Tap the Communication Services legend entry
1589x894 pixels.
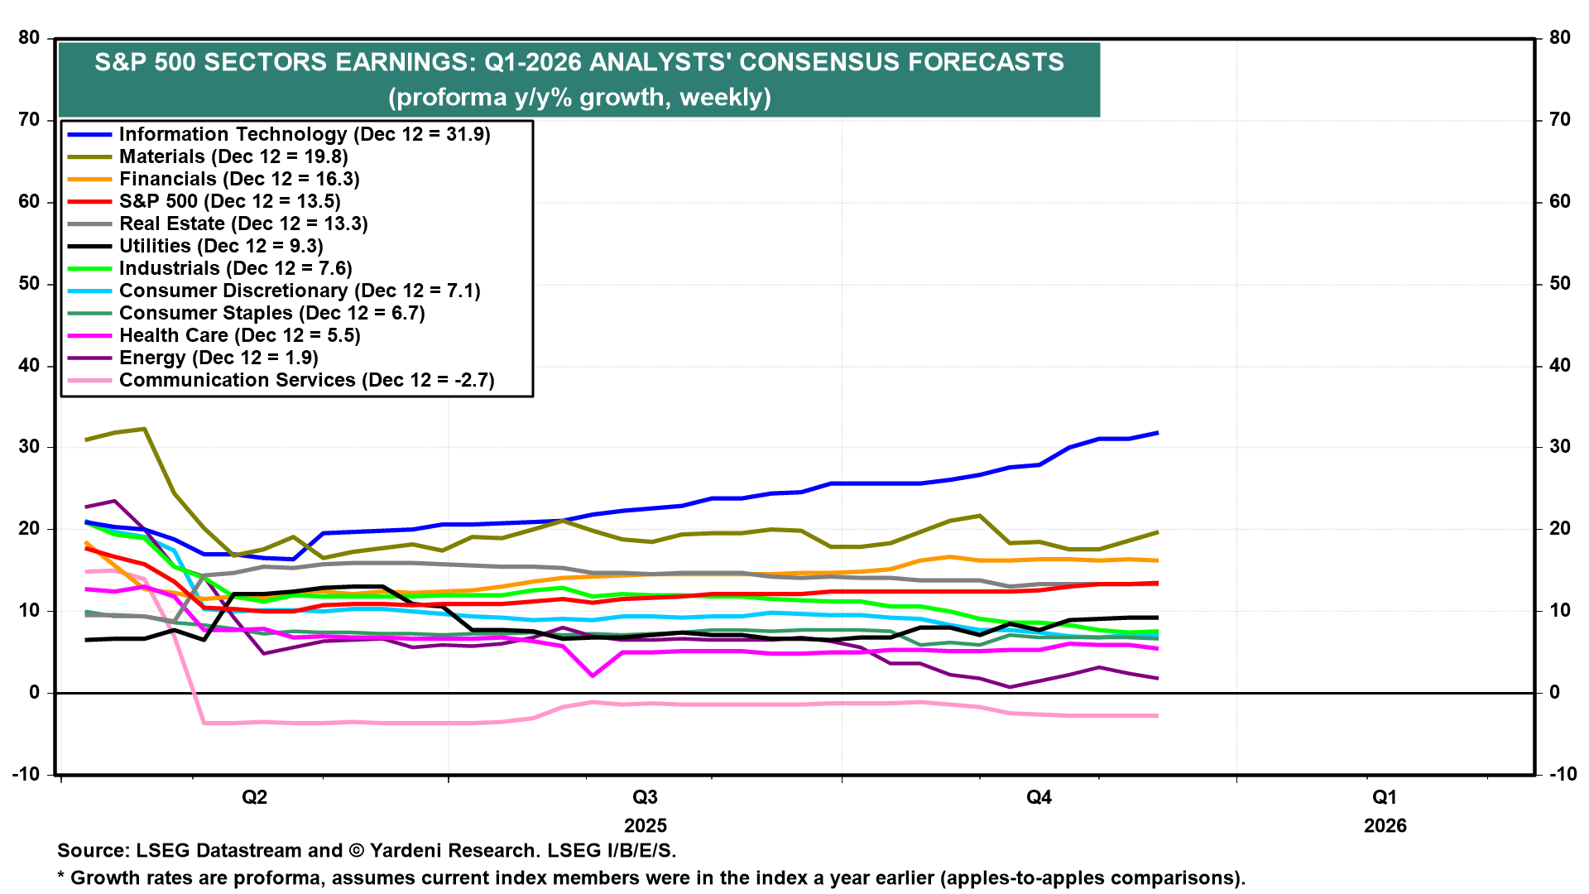point(306,380)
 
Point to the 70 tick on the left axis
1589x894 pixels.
point(30,120)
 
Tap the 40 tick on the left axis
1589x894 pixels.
point(30,365)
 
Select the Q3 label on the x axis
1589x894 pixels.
point(645,797)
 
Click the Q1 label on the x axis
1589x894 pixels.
point(1385,797)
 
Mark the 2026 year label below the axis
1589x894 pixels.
point(1385,825)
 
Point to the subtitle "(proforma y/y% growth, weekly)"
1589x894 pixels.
point(579,98)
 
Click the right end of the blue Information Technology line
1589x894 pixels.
point(1156,433)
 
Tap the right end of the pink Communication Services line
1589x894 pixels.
point(1156,715)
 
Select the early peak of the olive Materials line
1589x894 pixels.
point(145,429)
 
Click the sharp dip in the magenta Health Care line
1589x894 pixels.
point(593,675)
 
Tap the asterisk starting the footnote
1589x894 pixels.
point(60,876)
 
